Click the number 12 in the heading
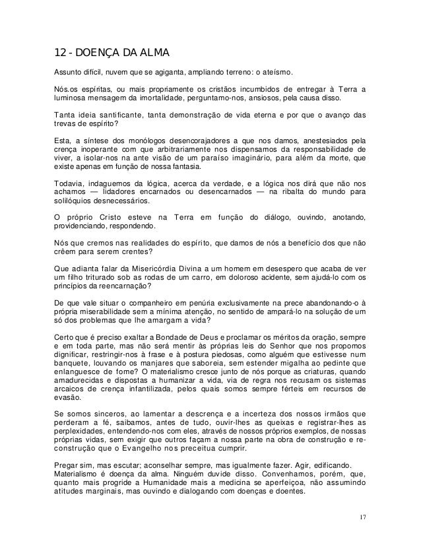(x=59, y=53)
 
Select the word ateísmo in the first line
(x=280, y=72)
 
